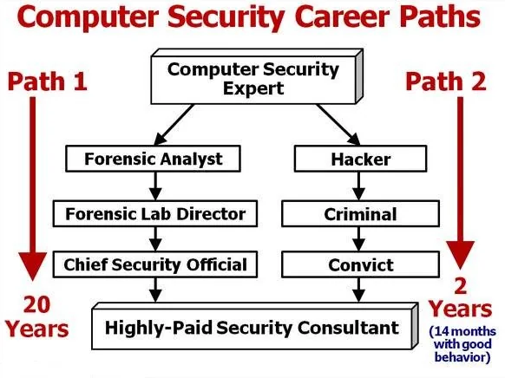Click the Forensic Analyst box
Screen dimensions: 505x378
click(x=153, y=159)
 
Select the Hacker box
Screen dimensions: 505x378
click(x=360, y=159)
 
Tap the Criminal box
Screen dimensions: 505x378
click(x=360, y=214)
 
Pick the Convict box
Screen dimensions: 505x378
click(x=360, y=264)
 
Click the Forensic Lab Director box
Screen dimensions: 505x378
click(x=155, y=214)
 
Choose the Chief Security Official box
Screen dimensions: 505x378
click(x=155, y=264)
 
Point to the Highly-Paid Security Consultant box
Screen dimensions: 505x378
click(x=255, y=326)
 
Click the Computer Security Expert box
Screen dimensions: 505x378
click(x=257, y=76)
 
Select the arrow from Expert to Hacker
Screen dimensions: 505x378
click(x=338, y=125)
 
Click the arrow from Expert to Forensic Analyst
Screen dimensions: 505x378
click(x=174, y=125)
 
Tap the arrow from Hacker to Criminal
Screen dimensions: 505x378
click(x=358, y=186)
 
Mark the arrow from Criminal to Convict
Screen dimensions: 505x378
click(x=358, y=239)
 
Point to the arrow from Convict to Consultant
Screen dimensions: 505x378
click(x=358, y=290)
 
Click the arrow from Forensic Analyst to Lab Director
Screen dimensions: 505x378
click(x=155, y=186)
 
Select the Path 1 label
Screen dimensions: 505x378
click(x=48, y=81)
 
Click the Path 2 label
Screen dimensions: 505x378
click(x=446, y=81)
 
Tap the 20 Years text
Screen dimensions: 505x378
click(x=36, y=316)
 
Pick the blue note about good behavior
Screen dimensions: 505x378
click(x=462, y=344)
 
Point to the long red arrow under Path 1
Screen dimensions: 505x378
click(x=32, y=189)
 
